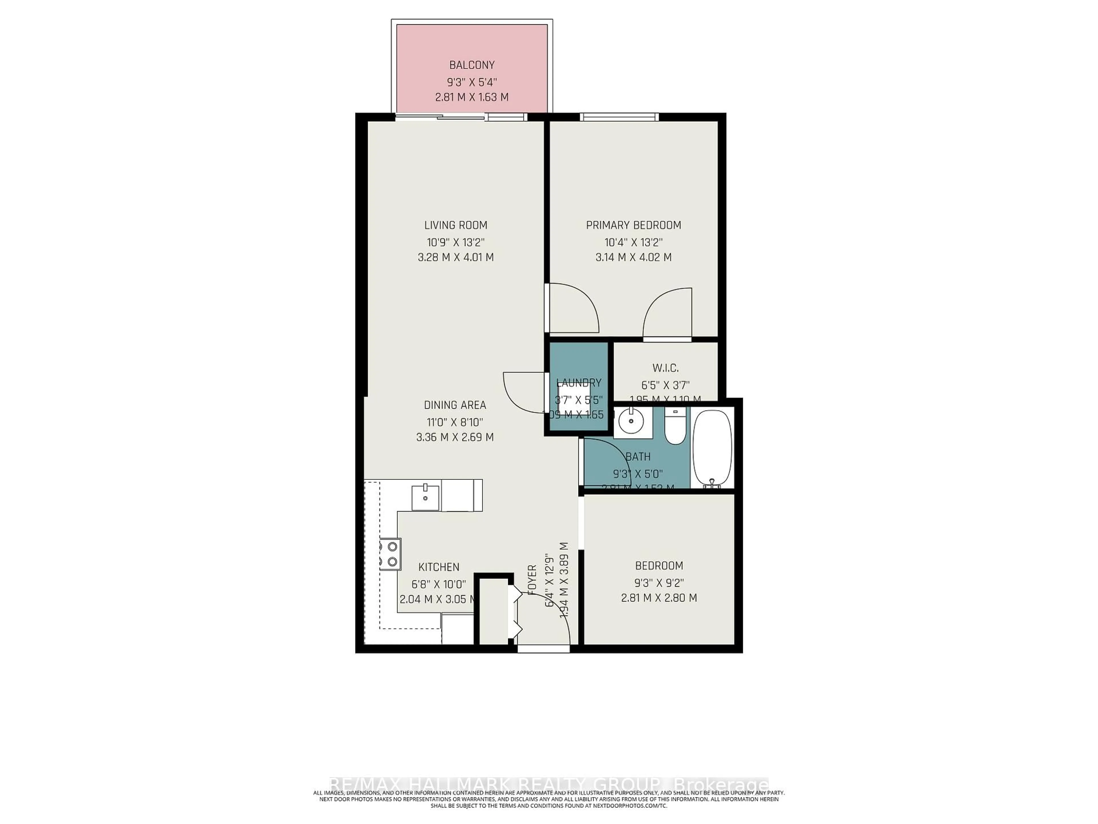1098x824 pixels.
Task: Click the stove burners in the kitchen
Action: pos(390,554)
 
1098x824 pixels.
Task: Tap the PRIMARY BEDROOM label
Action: pos(633,225)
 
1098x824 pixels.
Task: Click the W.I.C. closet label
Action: pos(665,368)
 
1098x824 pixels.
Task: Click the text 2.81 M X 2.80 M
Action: pos(659,598)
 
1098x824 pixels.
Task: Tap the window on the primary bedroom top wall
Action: pos(619,117)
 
